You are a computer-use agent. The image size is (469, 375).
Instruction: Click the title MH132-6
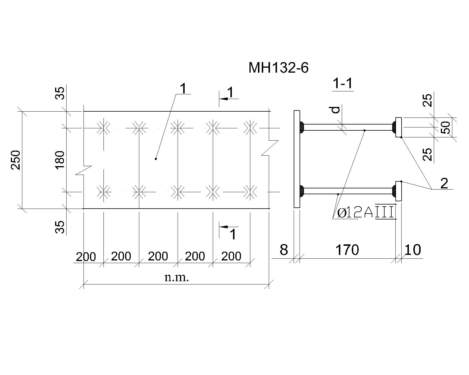click(x=278, y=68)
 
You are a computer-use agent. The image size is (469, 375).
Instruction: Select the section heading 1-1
click(x=343, y=83)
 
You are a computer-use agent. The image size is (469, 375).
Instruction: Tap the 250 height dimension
click(x=16, y=160)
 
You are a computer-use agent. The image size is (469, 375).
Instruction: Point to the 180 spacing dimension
click(x=60, y=160)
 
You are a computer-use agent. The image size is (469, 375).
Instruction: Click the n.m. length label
click(x=176, y=278)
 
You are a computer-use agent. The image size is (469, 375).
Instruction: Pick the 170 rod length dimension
click(x=347, y=250)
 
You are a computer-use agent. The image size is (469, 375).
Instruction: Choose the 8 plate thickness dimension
click(x=283, y=250)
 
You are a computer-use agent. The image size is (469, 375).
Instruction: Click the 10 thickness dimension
click(x=413, y=250)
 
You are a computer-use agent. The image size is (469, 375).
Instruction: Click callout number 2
click(x=444, y=183)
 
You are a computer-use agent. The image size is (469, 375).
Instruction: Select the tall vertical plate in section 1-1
click(x=297, y=159)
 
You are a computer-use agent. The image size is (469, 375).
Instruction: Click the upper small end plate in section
click(x=399, y=127)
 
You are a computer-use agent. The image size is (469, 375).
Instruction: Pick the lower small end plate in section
click(x=399, y=191)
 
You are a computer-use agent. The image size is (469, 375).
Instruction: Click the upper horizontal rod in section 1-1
click(x=348, y=127)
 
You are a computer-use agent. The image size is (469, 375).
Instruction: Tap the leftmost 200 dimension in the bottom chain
click(x=86, y=257)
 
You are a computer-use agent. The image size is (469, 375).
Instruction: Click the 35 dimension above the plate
click(x=60, y=93)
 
